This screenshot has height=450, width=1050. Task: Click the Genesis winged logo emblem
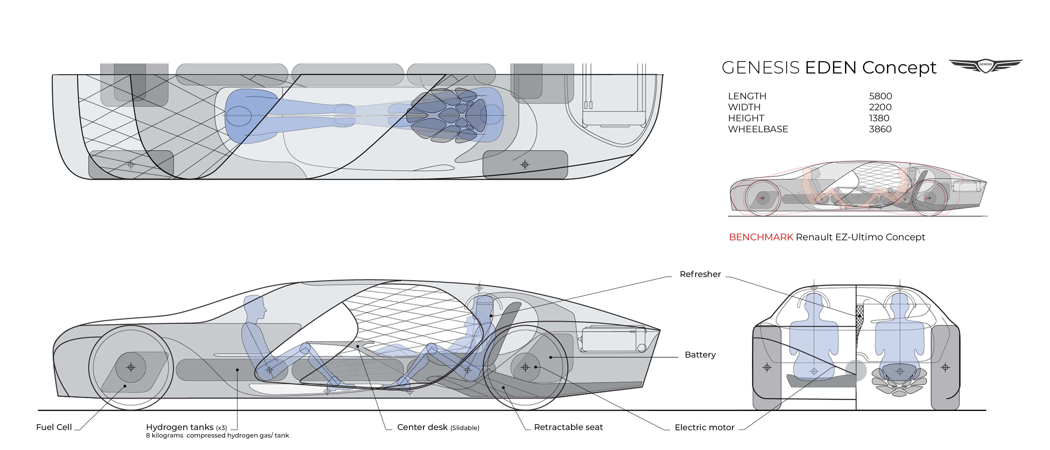985,65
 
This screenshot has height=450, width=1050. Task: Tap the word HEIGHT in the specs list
746,118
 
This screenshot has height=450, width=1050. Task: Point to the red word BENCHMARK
760,237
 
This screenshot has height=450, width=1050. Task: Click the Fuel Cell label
54,427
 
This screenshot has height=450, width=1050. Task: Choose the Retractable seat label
568,427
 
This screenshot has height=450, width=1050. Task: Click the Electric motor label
704,427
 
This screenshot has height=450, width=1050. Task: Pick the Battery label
700,354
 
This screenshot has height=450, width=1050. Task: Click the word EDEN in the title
831,68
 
